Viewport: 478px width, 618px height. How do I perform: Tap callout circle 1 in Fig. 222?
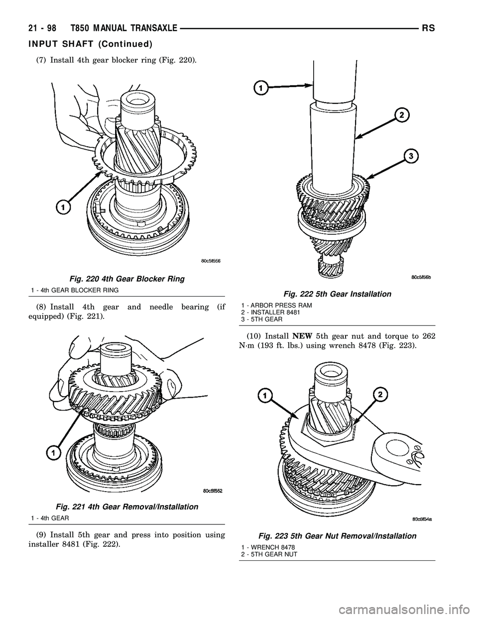(x=260, y=88)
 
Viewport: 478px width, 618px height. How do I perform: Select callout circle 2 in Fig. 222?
(x=402, y=115)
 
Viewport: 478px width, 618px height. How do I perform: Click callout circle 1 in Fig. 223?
(x=264, y=396)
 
